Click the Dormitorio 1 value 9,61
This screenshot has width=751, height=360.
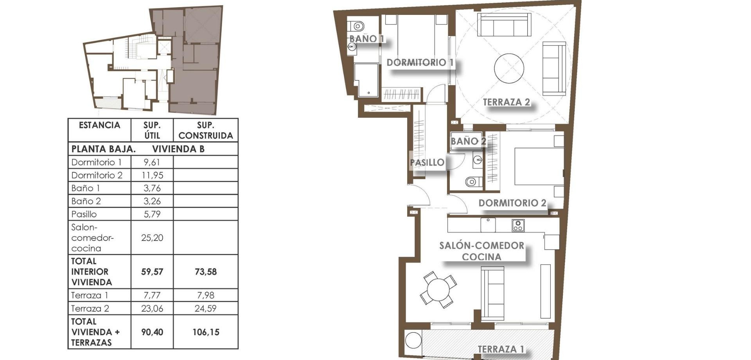[x=152, y=162]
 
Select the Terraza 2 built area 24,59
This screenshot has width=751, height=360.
[x=205, y=308]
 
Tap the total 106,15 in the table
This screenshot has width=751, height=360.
[x=205, y=332]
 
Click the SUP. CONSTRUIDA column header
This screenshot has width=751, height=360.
[x=205, y=130]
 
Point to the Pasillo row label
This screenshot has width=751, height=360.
[x=84, y=214]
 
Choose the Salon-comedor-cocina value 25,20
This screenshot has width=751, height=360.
[x=152, y=238]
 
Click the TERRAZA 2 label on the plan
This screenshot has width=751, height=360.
[x=506, y=102]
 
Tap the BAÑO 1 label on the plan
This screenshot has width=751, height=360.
[x=366, y=39]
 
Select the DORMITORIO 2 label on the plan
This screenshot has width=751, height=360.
[x=512, y=203]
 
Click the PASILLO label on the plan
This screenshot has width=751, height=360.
[x=427, y=162]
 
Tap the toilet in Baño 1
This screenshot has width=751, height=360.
[x=357, y=27]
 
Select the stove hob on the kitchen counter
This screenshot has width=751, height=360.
[x=518, y=225]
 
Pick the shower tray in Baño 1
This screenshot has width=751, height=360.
[x=367, y=80]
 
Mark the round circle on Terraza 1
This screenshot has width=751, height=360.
[x=413, y=340]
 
